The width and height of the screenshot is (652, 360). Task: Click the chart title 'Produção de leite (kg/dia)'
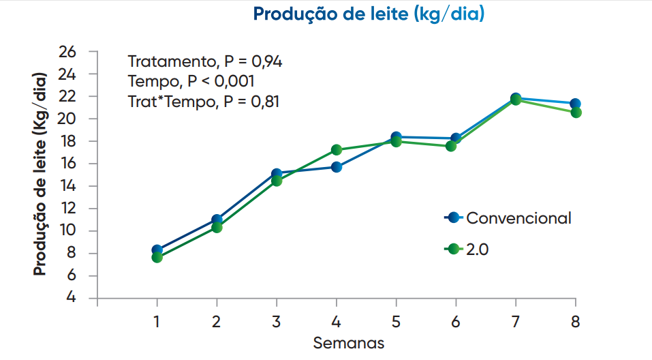point(369,14)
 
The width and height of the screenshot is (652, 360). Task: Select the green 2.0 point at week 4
point(337,150)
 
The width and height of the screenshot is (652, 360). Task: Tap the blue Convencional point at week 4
point(337,167)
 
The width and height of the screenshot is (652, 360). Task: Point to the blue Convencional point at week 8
point(576,104)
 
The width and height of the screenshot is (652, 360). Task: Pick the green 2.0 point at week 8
point(576,112)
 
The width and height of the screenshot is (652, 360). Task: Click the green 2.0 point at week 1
point(157,257)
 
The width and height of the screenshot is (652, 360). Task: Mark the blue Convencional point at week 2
point(217,220)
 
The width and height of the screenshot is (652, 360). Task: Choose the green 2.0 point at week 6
point(451,146)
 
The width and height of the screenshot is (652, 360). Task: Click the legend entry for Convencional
point(508,217)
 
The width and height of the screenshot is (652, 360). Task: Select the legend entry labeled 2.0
point(467,250)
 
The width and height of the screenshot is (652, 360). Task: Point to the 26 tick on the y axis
point(67,52)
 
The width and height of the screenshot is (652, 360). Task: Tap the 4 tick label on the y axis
point(71,297)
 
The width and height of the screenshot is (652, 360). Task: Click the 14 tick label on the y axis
point(67,185)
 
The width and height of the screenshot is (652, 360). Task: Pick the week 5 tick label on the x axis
point(397,322)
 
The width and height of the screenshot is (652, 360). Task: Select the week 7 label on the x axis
point(516,322)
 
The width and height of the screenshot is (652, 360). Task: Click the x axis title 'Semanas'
point(348,343)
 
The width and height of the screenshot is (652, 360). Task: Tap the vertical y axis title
point(40,174)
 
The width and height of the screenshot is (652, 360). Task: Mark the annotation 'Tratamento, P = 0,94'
point(205,61)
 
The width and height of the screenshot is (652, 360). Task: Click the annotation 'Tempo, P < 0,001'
point(191,81)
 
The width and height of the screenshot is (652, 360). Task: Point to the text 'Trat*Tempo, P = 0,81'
point(203,102)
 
